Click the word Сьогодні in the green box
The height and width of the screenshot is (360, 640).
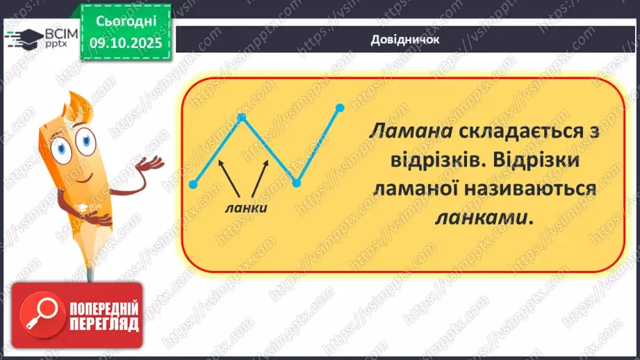(124, 22)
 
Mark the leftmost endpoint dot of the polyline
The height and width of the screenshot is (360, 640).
(193, 184)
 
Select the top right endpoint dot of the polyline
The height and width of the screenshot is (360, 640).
(340, 108)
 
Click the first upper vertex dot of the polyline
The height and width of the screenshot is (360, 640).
(242, 117)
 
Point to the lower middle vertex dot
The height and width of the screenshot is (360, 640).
(295, 183)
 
